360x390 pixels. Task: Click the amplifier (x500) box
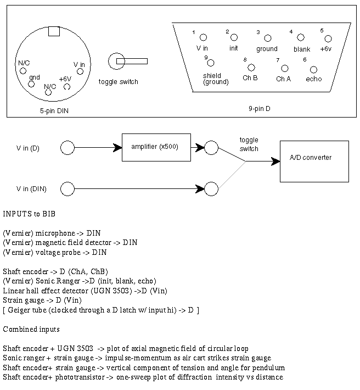click(x=156, y=147)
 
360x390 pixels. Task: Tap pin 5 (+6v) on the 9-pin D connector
click(x=328, y=38)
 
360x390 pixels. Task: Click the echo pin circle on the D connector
click(x=313, y=70)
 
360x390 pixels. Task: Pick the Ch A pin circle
click(x=284, y=69)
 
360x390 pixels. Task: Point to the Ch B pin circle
click(x=251, y=68)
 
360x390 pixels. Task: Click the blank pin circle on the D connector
click(x=301, y=37)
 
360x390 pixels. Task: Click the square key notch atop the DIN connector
click(x=54, y=31)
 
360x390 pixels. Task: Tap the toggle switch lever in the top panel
click(x=132, y=61)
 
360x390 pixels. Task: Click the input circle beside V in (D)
click(x=67, y=148)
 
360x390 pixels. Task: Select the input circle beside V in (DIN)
click(x=67, y=189)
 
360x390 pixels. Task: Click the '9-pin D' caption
click(x=259, y=109)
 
